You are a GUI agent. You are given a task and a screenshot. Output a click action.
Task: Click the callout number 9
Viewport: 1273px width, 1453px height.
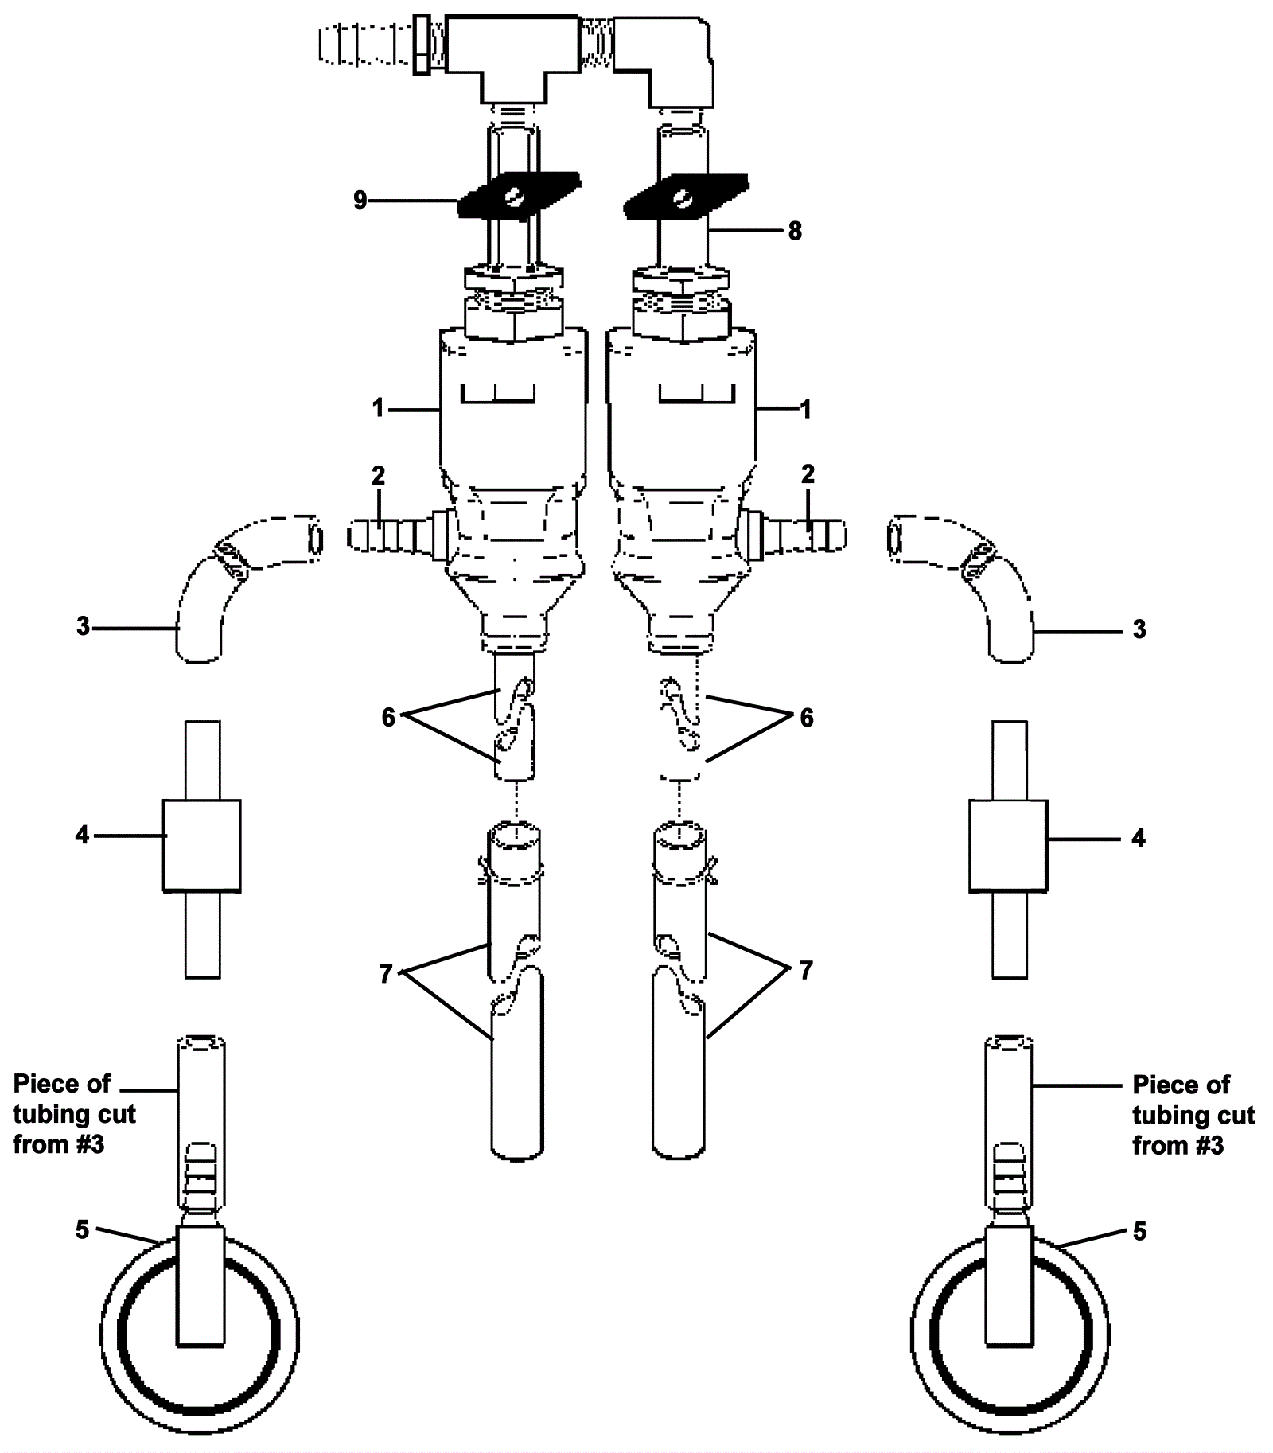tap(360, 201)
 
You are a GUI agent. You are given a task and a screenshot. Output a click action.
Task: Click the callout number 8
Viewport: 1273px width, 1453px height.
tap(795, 232)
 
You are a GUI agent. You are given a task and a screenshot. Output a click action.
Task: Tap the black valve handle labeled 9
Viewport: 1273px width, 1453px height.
tap(518, 195)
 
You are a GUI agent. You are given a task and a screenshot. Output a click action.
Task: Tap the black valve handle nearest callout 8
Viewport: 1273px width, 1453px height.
tap(685, 196)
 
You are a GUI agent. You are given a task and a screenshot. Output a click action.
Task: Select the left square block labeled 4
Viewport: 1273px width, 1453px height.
tap(202, 845)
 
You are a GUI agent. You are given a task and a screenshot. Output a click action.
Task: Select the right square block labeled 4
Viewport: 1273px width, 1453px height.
tap(1008, 845)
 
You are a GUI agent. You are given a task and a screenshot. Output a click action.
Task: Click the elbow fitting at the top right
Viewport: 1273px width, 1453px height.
tap(672, 60)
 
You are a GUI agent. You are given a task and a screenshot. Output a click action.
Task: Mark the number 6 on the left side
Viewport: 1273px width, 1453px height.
tap(388, 718)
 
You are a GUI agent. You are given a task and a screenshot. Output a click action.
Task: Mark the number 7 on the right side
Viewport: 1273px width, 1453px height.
tap(806, 970)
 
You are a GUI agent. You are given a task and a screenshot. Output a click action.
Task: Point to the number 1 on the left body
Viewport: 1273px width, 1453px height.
tap(378, 409)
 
